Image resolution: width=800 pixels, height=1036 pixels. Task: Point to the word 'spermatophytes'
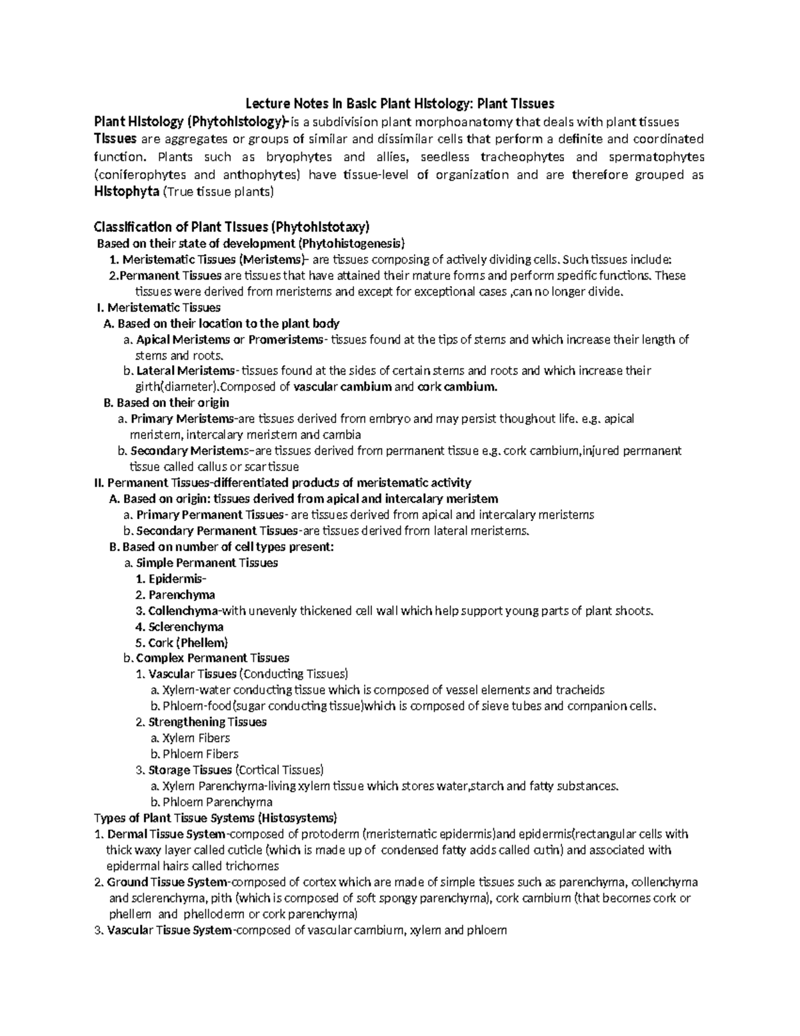click(x=657, y=157)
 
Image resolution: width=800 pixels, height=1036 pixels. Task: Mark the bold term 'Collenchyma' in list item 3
click(x=183, y=610)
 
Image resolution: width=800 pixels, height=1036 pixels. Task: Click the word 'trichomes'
click(x=254, y=866)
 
